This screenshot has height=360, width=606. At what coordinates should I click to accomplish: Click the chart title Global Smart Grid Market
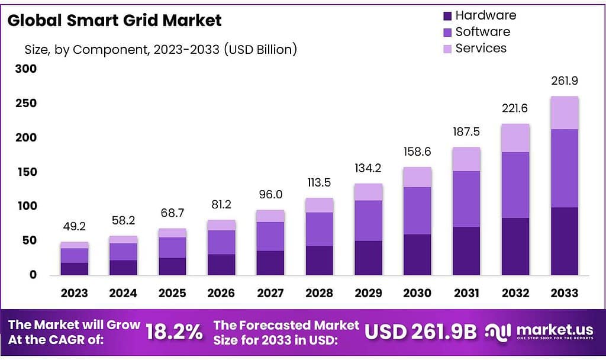point(115,20)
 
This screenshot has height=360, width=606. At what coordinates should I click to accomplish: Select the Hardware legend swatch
point(447,16)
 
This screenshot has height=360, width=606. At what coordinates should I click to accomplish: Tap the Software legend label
point(482,32)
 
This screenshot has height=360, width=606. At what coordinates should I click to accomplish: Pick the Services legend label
point(481,49)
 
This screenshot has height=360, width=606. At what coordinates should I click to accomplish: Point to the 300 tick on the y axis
point(25,69)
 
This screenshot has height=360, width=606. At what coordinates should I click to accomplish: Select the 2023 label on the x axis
point(74,292)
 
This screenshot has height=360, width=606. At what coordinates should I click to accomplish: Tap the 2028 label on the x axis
point(319,292)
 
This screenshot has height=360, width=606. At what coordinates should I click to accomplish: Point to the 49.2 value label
point(74,226)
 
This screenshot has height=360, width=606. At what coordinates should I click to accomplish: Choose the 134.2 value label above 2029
point(368,168)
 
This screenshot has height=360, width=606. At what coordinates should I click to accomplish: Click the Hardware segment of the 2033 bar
point(564,241)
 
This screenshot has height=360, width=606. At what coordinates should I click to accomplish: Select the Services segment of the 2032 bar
point(515,138)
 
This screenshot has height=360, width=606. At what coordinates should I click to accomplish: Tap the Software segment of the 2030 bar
point(417,211)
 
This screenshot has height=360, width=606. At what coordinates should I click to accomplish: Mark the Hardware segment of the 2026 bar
point(221,265)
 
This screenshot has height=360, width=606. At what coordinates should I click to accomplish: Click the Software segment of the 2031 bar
point(466,199)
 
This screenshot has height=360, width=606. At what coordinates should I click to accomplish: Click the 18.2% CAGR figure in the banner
point(174,332)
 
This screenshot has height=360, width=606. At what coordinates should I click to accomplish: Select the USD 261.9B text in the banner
point(420,332)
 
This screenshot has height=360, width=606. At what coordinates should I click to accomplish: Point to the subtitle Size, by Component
point(160,50)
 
